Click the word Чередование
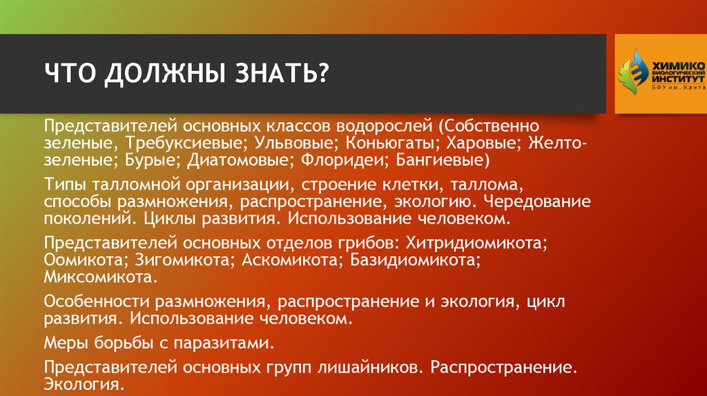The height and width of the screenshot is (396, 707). point(537,202)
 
